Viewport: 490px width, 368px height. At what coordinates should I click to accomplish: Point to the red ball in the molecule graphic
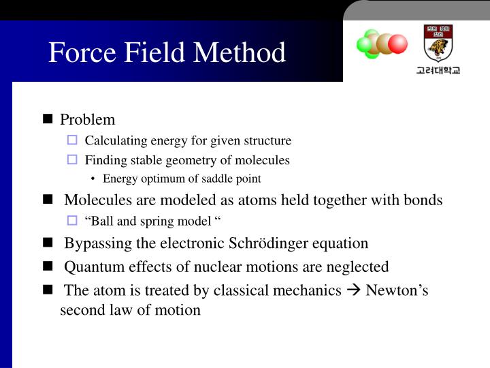point(397,44)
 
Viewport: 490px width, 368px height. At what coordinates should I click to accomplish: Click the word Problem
point(88,120)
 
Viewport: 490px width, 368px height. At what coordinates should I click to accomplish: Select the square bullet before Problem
point(48,119)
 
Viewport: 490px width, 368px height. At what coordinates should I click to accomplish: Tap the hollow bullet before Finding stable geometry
point(73,160)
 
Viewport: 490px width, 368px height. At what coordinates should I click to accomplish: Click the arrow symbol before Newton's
point(354,291)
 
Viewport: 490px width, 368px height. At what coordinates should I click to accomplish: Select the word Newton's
point(397,290)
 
